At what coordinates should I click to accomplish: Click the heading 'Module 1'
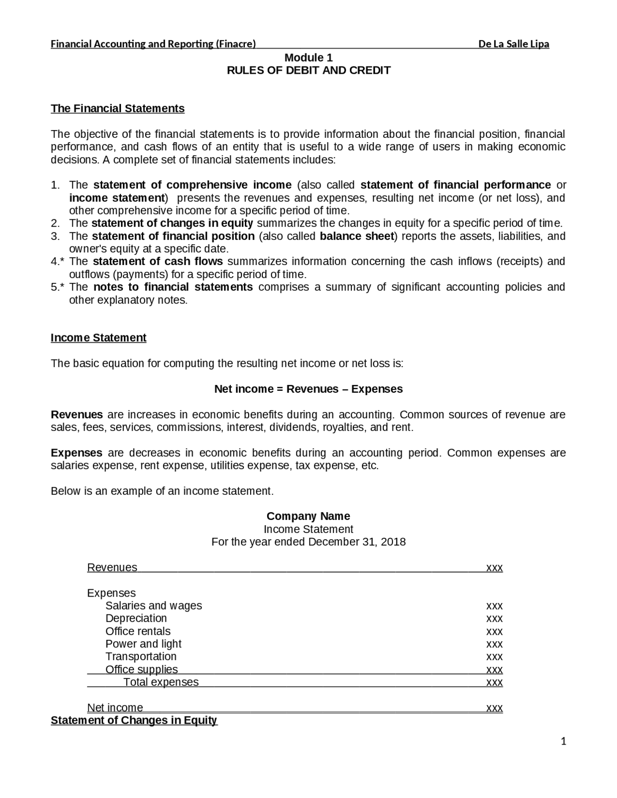(308, 58)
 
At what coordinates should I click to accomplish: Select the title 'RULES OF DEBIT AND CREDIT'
(308, 71)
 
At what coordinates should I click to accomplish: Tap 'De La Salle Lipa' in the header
(513, 44)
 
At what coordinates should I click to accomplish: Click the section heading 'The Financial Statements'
(118, 108)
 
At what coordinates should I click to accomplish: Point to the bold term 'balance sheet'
(357, 236)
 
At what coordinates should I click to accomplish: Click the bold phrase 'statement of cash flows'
(158, 262)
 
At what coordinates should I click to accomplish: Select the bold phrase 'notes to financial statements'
(173, 287)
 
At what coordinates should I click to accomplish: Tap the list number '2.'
(55, 224)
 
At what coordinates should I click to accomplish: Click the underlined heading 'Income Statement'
(98, 338)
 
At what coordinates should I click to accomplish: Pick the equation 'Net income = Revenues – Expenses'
(308, 389)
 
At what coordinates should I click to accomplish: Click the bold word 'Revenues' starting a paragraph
(77, 415)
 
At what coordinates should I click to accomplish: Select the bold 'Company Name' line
(308, 516)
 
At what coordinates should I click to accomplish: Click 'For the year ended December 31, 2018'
(308, 542)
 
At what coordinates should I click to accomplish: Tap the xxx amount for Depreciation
(495, 619)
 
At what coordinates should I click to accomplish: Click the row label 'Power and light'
(143, 644)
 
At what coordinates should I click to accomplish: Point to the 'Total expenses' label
(161, 682)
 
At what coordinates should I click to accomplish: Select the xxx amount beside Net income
(495, 708)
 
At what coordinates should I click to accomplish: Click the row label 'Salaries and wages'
(154, 606)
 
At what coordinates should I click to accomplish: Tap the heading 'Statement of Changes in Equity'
(134, 720)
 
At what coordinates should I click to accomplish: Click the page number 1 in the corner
(563, 742)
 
